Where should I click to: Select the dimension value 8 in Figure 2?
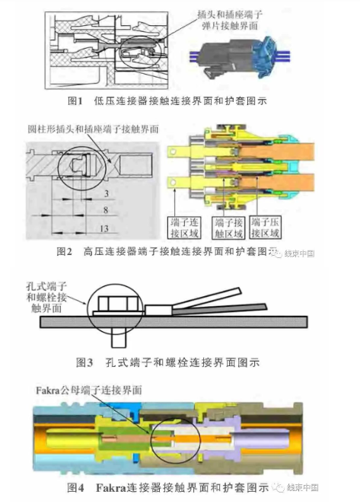(107, 209)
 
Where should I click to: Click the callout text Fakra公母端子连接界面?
(88, 389)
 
